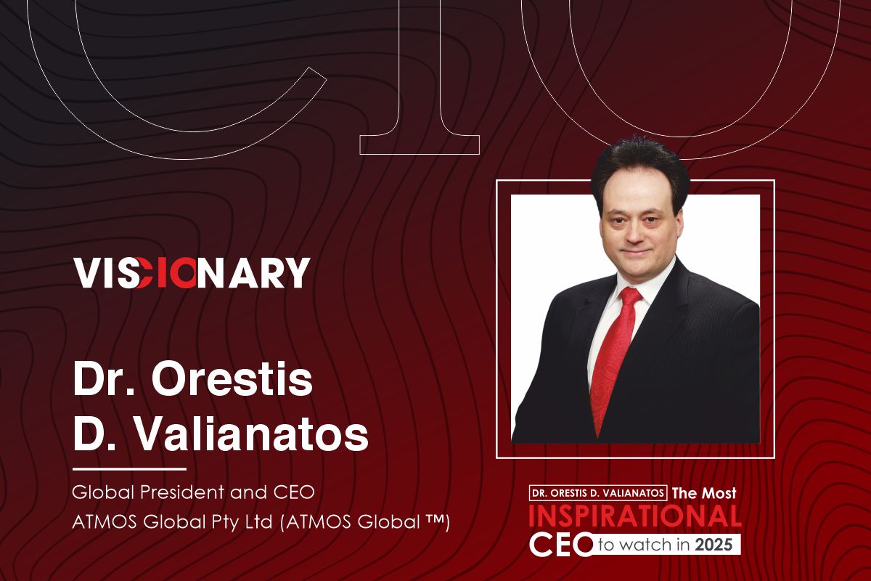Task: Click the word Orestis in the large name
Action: tap(232, 378)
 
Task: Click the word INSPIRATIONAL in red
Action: tap(635, 516)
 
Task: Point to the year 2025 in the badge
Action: tap(714, 545)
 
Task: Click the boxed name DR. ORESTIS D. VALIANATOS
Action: tap(598, 493)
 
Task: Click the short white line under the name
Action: tap(129, 469)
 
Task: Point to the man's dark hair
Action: tap(640, 168)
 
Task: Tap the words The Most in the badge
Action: tap(704, 493)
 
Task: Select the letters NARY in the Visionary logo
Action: tap(253, 272)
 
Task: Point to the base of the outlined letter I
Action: tap(420, 145)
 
